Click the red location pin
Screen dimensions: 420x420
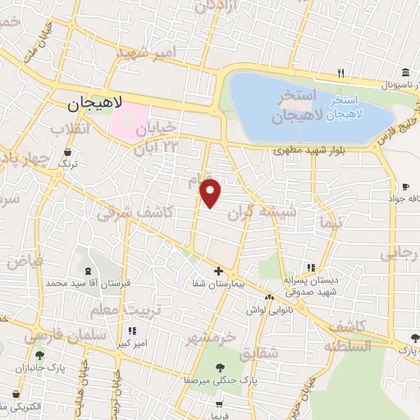coord(211,193)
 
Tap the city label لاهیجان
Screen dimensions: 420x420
coord(95,104)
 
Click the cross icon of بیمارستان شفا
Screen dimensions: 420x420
coord(218,271)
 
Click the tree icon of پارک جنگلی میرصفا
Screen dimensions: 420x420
coord(219,368)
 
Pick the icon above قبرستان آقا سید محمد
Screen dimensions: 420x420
coord(88,271)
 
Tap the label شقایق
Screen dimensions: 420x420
coord(262,351)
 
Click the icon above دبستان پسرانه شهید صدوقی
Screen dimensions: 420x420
coord(310,267)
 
